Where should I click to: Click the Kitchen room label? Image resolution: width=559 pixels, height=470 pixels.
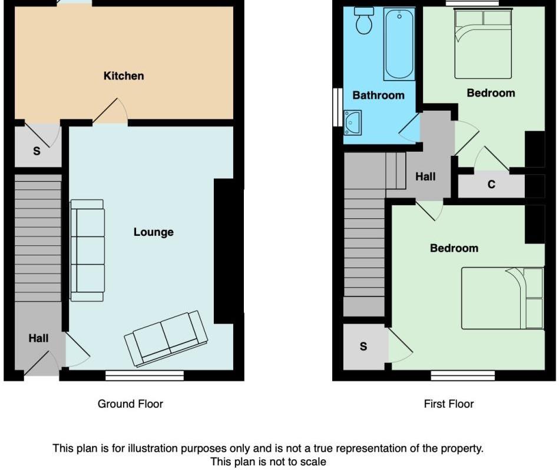coord(124,76)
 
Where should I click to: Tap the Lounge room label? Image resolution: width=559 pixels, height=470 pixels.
coord(154,232)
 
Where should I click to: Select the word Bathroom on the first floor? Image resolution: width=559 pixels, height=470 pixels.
coord(378,95)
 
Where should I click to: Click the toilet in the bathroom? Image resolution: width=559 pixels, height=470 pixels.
coord(364,21)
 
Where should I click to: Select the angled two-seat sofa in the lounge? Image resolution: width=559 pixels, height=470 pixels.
coord(166,338)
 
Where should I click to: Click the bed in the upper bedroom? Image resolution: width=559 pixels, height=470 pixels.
coord(482,44)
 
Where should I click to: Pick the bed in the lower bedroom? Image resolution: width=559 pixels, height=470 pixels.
coord(502,298)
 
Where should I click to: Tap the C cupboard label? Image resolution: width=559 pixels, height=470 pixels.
coord(491,185)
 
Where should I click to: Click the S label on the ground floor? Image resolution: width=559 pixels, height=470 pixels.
coord(37,151)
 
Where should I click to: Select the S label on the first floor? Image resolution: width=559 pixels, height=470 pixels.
coord(363,346)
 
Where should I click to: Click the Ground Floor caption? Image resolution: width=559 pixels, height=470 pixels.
coord(130,404)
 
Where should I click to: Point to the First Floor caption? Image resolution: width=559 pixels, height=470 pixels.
coord(449,404)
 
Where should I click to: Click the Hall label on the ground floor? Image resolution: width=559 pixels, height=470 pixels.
coord(39,338)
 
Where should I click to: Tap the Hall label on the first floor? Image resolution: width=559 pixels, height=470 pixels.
coord(425,176)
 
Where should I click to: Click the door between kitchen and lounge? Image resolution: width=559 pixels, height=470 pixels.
coord(110,112)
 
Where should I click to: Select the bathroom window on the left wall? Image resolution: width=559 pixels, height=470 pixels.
coord(336,107)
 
